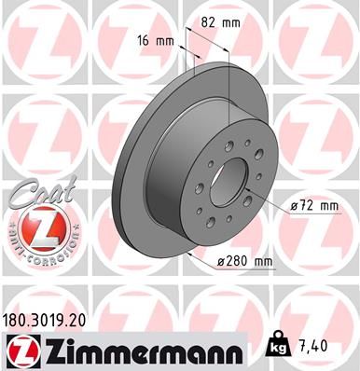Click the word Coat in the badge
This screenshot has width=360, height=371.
click(35, 194)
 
